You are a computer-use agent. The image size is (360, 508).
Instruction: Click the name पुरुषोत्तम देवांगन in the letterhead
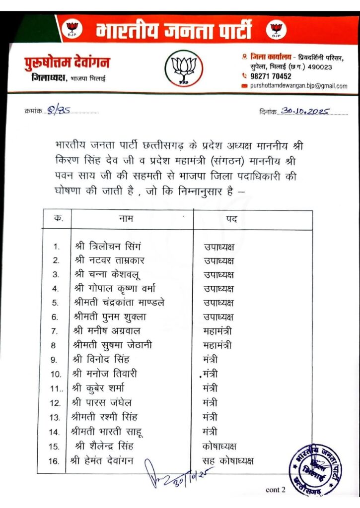(x=67, y=63)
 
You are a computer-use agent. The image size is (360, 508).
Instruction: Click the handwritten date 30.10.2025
(x=304, y=112)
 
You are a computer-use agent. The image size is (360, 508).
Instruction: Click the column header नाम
(x=126, y=218)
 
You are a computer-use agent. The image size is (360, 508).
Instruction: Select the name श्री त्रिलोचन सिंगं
(x=108, y=246)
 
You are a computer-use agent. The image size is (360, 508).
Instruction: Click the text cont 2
(x=276, y=490)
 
